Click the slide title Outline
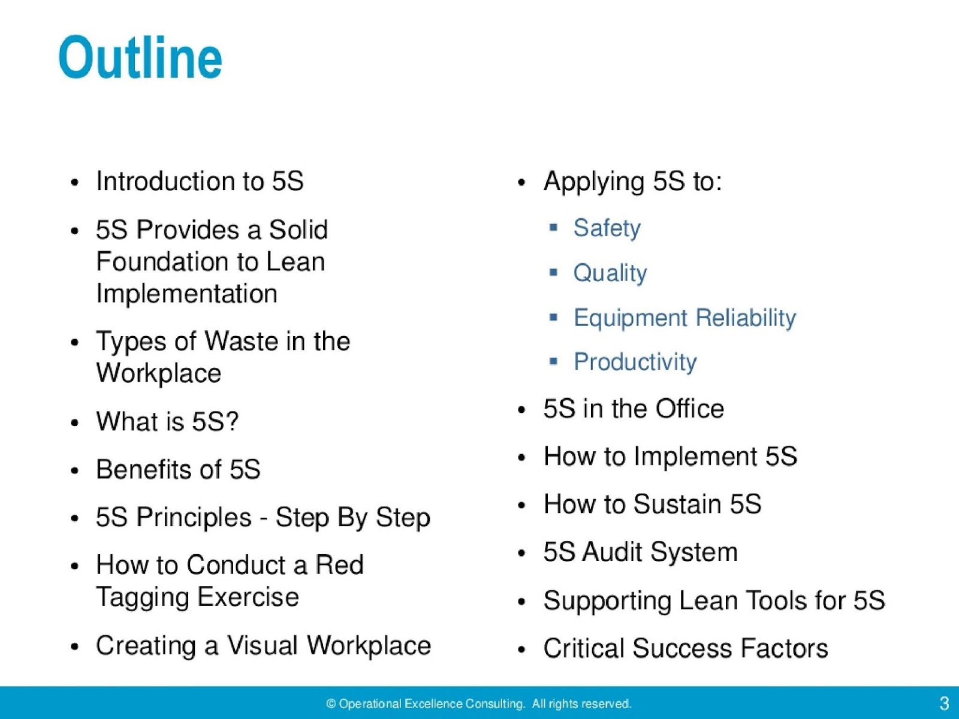click(140, 58)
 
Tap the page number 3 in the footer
click(944, 703)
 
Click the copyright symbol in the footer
click(331, 704)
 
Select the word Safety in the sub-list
click(607, 228)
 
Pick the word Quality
click(610, 273)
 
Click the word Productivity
click(635, 362)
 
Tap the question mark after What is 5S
click(233, 421)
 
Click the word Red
click(339, 565)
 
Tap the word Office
click(689, 409)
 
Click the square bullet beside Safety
click(553, 228)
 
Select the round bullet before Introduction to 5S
click(74, 182)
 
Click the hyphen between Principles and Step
click(263, 518)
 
